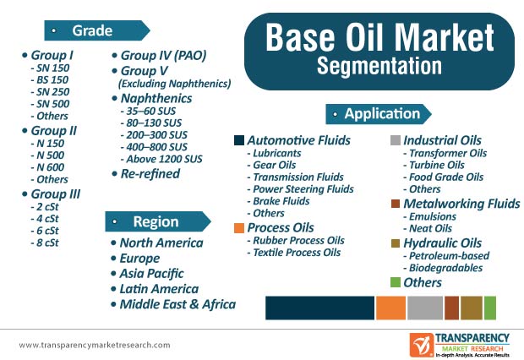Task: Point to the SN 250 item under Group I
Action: [50, 91]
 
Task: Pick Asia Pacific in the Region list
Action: [158, 273]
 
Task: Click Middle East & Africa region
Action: [177, 304]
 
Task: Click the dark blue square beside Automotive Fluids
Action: [240, 140]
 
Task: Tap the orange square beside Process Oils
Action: [240, 228]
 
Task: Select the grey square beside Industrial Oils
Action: [395, 140]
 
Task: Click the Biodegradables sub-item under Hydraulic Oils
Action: [443, 267]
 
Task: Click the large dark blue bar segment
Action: [319, 307]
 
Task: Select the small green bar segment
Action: [490, 307]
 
